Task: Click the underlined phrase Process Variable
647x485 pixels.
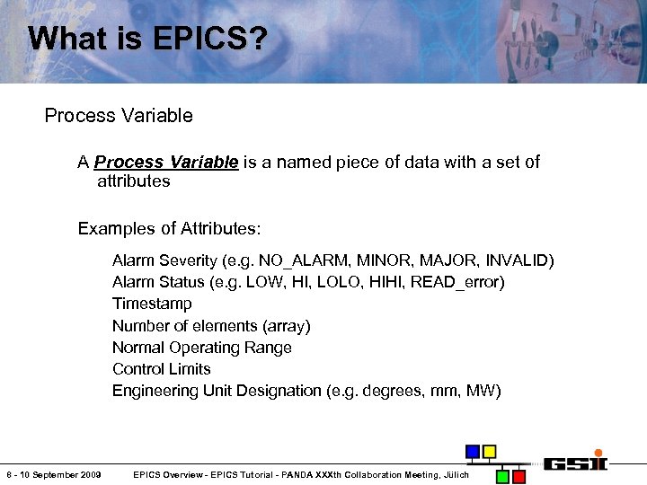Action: tap(166, 163)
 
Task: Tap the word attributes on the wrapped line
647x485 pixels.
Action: tap(134, 181)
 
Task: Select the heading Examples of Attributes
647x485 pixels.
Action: tap(170, 229)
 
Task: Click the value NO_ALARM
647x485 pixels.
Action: tap(308, 261)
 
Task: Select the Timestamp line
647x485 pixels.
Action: tap(152, 304)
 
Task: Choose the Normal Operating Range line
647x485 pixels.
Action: tap(201, 348)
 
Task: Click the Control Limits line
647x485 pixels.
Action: tap(162, 369)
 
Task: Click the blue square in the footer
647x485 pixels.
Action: tap(472, 451)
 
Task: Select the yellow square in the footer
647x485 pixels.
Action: tap(490, 451)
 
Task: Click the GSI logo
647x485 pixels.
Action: tap(576, 463)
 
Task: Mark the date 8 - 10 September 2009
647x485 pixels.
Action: tap(53, 474)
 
